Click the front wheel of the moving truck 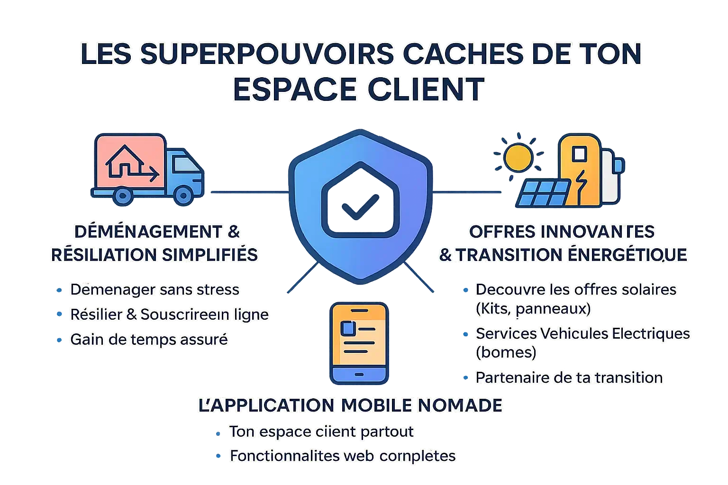click(x=182, y=195)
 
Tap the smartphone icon click(x=360, y=343)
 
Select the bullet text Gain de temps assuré click(x=149, y=340)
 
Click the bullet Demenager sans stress click(x=155, y=289)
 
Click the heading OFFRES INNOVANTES click(x=562, y=232)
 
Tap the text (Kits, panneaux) click(x=533, y=309)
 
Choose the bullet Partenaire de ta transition click(x=569, y=377)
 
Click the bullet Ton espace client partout click(x=321, y=431)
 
